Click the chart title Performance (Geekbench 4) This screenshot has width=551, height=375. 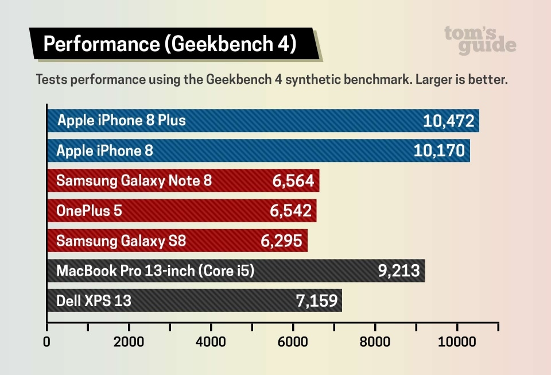tap(170, 44)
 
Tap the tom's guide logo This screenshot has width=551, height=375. tap(480, 40)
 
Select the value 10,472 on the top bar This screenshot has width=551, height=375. tap(448, 121)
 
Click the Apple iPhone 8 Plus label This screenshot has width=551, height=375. tap(121, 121)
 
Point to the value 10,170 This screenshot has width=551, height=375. tap(439, 151)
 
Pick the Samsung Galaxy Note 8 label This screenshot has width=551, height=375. tap(134, 181)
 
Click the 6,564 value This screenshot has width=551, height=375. tap(293, 181)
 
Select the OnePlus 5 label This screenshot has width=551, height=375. tap(89, 211)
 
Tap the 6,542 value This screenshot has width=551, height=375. tap(291, 211)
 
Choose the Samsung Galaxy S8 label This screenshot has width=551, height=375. tap(121, 241)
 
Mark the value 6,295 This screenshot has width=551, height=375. tap(282, 241)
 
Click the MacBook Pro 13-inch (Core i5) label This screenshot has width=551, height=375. tap(155, 270)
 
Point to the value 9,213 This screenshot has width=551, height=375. tap(399, 270)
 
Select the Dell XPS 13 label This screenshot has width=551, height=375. tap(94, 300)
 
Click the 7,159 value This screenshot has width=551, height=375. tap(316, 300)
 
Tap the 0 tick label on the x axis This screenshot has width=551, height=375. tap(47, 342)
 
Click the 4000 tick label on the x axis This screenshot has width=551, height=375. tap(211, 342)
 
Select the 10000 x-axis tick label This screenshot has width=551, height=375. tap(457, 342)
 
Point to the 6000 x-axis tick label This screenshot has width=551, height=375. tap(293, 342)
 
